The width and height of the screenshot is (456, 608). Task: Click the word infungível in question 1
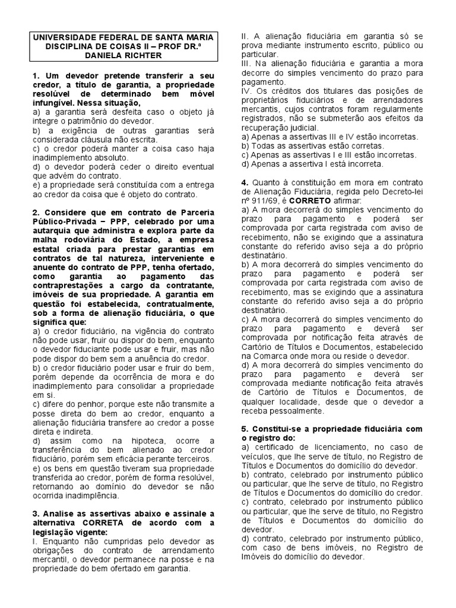pos(53,103)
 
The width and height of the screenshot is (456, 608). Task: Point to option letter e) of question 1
pos(36,185)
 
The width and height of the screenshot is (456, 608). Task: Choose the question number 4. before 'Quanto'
pos(245,183)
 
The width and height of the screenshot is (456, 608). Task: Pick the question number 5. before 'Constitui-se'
pos(245,428)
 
